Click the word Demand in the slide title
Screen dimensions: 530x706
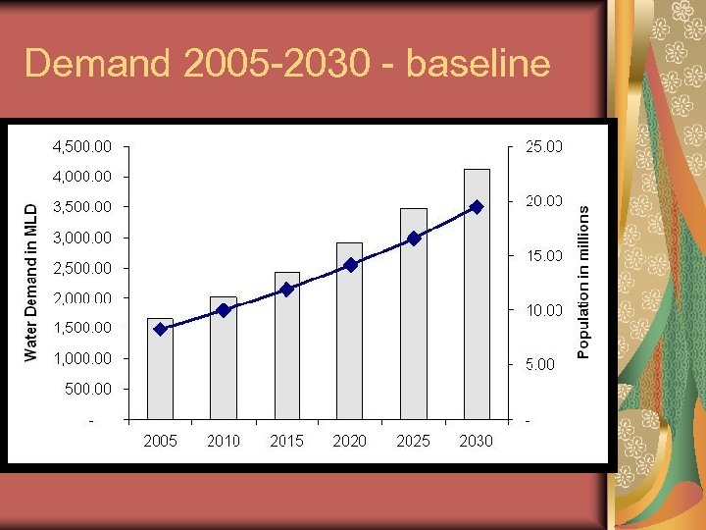[98, 65]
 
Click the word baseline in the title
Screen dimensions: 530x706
[478, 65]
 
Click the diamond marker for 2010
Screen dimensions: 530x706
[224, 310]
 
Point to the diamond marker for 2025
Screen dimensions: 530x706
[414, 238]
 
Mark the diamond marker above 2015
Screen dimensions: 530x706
[286, 290]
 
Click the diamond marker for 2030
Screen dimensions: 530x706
[477, 207]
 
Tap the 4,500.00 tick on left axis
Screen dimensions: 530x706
[81, 146]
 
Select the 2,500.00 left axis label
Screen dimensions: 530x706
[81, 267]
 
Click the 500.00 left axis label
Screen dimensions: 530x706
[88, 389]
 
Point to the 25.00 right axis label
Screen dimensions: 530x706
[544, 146]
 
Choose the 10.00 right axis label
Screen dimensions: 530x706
[544, 310]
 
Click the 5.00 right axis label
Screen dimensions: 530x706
[540, 364]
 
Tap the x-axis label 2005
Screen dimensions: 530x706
[160, 442]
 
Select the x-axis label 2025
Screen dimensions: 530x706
[413, 442]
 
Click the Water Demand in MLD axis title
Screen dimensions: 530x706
[31, 283]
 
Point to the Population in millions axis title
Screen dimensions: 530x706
[584, 281]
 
